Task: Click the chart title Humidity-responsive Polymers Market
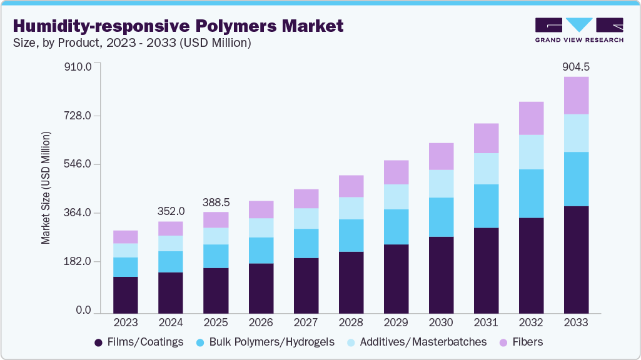tap(178, 26)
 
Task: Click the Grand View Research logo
tap(579, 29)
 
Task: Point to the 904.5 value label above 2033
tap(575, 67)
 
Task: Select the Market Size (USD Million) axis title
tap(46, 187)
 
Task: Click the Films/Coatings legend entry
tap(139, 342)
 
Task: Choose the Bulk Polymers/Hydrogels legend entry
tap(265, 342)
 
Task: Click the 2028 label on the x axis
tap(350, 322)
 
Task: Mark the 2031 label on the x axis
tap(485, 322)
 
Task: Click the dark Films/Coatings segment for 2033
tap(575, 259)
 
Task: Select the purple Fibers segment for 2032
tap(530, 118)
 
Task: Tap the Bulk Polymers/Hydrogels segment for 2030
tap(440, 217)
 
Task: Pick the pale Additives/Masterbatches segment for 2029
tap(395, 197)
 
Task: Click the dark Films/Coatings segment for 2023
tap(125, 294)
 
